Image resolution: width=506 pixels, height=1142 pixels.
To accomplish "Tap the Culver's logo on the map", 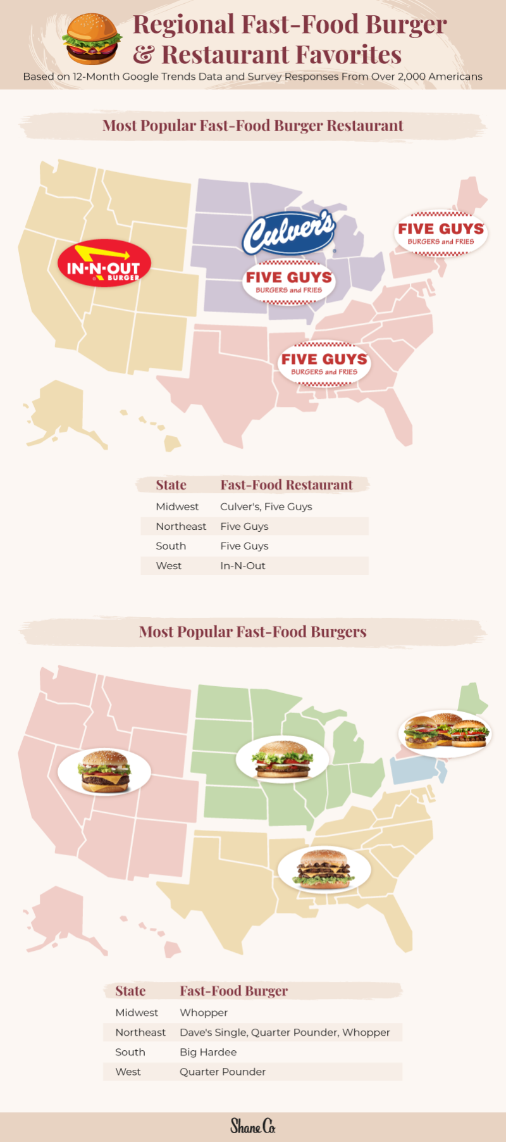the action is [288, 232].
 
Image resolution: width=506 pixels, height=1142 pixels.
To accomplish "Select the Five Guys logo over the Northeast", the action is [441, 233].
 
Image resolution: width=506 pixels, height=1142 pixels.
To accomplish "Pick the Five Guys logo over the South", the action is [324, 363].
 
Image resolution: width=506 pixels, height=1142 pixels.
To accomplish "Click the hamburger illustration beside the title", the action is [92, 39].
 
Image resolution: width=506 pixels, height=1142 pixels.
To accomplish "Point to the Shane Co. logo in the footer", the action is [253, 1126].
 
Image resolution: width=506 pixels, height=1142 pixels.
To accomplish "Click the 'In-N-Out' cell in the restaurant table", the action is [243, 566].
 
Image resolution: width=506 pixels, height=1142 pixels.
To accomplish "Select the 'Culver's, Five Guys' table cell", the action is [266, 506].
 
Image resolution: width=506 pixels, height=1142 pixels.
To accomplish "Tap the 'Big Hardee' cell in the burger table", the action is [208, 1052].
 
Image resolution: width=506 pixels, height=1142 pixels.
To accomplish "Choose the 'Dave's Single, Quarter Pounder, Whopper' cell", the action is [285, 1032].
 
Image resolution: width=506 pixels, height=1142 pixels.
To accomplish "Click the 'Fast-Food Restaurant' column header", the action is [287, 485].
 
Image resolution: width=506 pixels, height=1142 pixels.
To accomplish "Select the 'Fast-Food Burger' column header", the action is [233, 991].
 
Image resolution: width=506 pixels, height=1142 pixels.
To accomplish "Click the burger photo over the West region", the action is [104, 771].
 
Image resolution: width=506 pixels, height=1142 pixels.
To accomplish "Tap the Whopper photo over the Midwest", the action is [282, 759].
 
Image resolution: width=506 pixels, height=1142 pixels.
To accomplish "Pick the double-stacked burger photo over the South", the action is [324, 869].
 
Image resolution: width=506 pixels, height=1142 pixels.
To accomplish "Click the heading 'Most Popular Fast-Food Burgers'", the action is [253, 632].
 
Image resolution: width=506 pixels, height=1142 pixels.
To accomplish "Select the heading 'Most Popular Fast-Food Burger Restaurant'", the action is [253, 125].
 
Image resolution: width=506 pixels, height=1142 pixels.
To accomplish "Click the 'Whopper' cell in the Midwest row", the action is [204, 1013].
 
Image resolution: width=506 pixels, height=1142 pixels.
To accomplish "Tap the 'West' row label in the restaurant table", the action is [169, 566].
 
